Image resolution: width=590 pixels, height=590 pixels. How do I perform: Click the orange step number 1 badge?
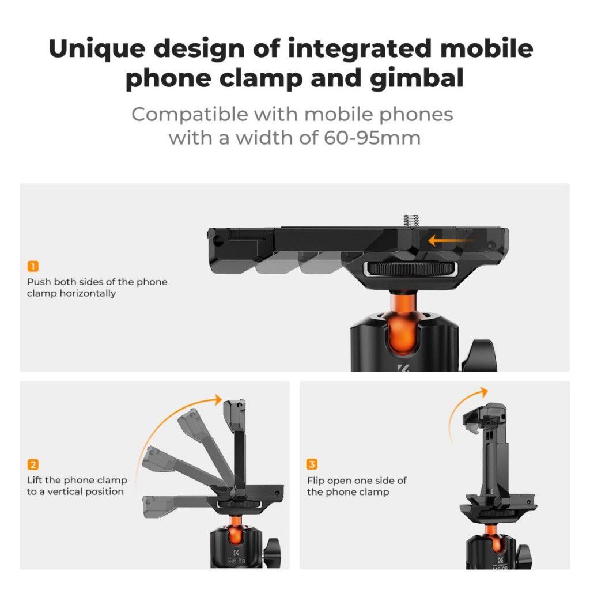tap(33, 266)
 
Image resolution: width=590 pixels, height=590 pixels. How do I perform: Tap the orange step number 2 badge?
tap(33, 464)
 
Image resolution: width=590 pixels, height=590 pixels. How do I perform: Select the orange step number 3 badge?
tap(312, 464)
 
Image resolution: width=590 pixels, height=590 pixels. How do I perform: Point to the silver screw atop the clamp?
tap(411, 220)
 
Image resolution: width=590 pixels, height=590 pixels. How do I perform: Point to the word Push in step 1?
tap(39, 282)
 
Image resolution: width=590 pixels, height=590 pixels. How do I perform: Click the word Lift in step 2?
tap(36, 481)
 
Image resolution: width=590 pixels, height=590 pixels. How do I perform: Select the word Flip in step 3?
tap(316, 481)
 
